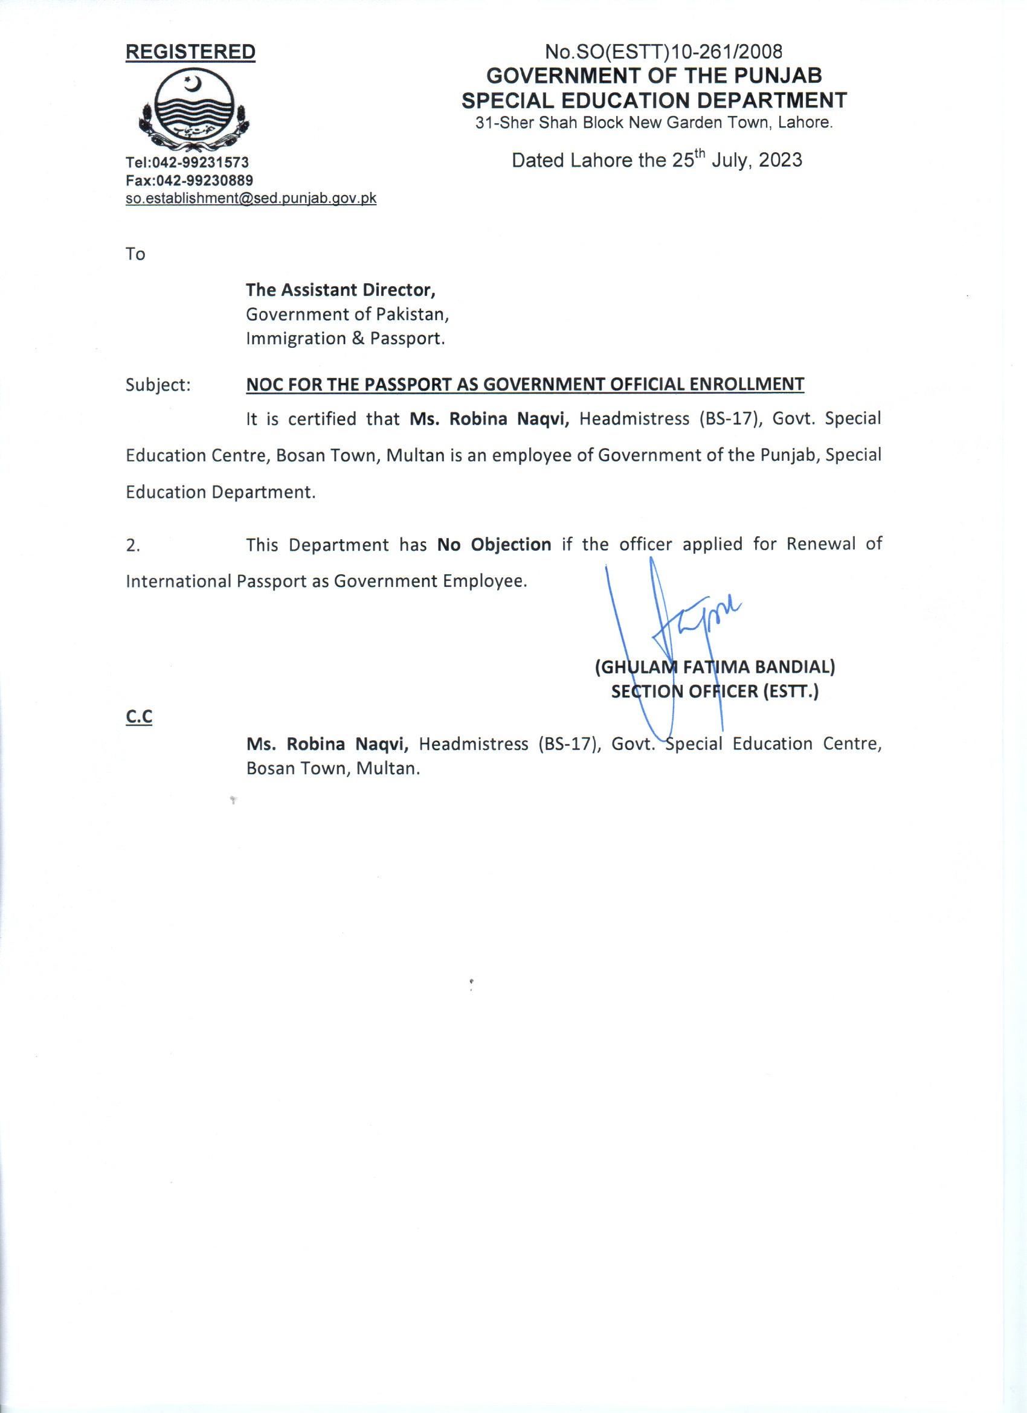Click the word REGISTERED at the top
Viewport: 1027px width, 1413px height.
tap(190, 53)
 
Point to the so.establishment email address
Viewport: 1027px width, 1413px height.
tap(251, 198)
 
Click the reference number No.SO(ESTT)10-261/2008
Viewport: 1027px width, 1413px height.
tap(663, 51)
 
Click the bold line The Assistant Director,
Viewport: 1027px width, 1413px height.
tap(340, 290)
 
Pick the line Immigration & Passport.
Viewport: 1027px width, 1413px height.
tap(345, 339)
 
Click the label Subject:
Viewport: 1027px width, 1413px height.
tap(158, 385)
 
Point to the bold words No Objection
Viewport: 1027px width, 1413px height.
tap(494, 545)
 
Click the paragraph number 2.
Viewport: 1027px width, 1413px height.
tap(132, 546)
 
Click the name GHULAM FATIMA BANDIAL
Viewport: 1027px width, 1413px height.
tap(714, 667)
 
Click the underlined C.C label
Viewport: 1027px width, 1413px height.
tap(139, 718)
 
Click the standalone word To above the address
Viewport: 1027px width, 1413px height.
tap(135, 254)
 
